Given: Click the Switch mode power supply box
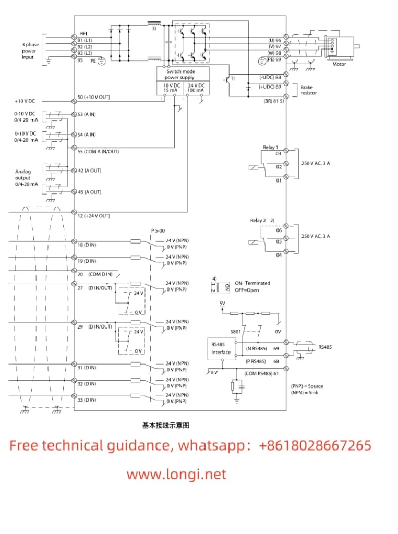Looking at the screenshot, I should click(183, 74).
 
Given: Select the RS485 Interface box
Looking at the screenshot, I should click(221, 348).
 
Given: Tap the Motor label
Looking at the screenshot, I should click(339, 64).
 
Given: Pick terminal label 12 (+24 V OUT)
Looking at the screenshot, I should click(93, 215).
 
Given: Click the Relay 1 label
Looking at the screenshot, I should click(270, 148).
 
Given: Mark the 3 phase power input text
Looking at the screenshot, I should click(30, 51).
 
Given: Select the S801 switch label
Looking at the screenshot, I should click(236, 331).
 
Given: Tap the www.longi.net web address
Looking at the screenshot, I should click(176, 474).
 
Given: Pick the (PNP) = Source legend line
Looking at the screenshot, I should click(307, 386).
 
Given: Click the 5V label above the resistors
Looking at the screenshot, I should click(222, 302).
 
